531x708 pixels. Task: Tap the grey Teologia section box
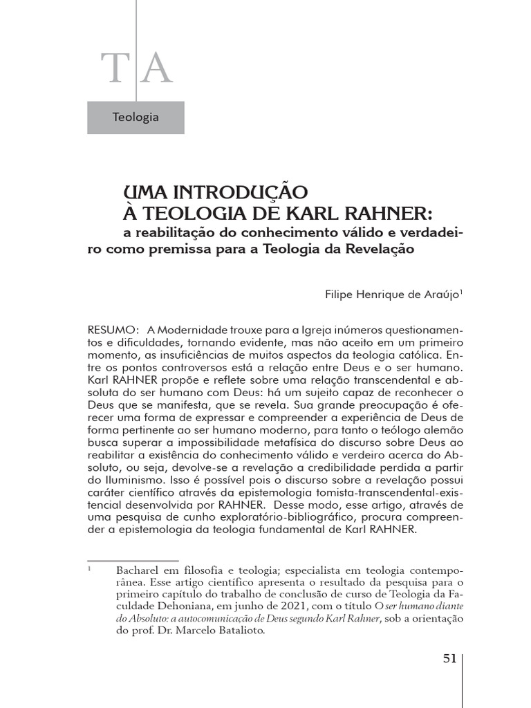point(136,117)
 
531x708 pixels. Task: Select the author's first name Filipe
point(342,295)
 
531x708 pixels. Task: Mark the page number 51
point(449,658)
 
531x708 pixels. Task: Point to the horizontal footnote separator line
point(133,561)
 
